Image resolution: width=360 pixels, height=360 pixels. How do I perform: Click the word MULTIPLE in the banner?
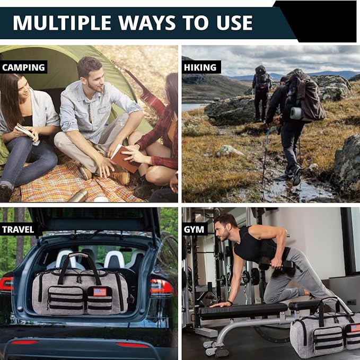point(62,22)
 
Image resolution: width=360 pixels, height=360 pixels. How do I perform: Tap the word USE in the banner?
point(234,22)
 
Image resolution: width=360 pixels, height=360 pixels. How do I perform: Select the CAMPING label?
point(24,67)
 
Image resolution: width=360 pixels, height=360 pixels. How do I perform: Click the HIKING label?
point(200,67)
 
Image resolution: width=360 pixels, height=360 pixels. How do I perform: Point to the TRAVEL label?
point(18,230)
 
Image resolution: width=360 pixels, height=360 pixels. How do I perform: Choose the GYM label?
point(194,230)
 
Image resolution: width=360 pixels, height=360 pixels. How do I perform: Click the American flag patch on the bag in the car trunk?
point(100,292)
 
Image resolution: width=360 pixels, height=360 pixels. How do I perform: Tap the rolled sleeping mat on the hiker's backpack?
point(296,113)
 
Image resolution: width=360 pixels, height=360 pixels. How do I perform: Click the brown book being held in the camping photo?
point(125,159)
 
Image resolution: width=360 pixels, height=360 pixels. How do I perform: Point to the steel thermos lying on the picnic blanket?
point(79,196)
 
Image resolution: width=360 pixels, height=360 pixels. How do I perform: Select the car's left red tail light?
point(6,284)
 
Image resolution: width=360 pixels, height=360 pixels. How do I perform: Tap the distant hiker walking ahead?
point(261,93)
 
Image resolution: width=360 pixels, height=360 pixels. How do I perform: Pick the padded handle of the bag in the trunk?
point(78,255)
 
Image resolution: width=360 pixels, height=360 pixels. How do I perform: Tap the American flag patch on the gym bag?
point(355,328)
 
